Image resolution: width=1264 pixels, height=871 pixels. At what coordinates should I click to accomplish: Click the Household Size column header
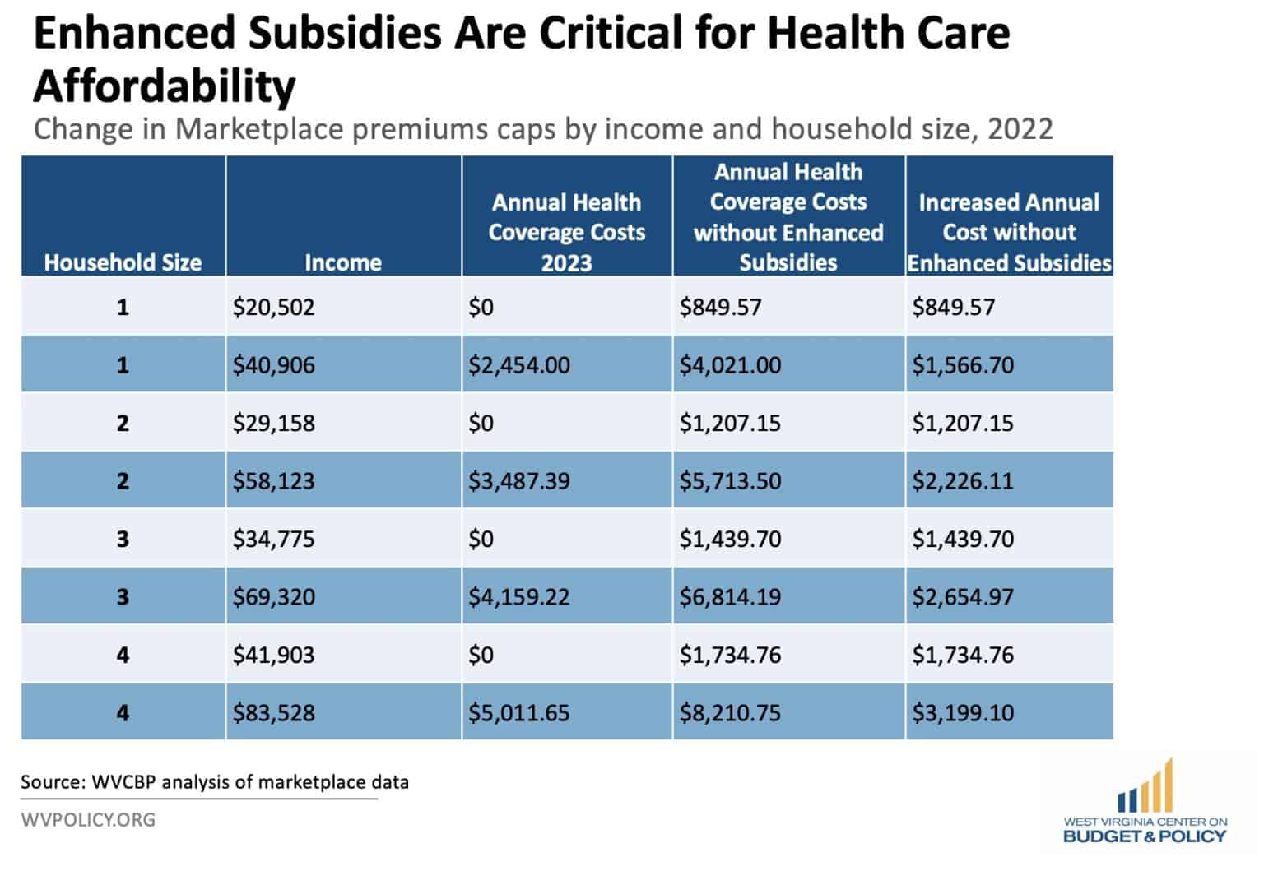pos(123,262)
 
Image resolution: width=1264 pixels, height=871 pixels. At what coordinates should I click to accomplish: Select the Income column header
pos(342,262)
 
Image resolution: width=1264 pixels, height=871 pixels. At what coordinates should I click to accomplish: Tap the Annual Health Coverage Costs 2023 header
pos(566,232)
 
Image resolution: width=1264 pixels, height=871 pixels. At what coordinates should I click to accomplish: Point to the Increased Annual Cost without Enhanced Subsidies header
pos(1009,232)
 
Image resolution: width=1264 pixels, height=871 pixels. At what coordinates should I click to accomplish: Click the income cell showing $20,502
pos(274,307)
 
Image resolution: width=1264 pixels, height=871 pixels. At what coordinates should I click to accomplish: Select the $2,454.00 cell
pos(519,364)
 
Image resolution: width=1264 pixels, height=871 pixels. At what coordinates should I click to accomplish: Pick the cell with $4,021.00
pos(730,364)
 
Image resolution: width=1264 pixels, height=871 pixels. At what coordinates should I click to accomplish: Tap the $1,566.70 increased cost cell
pos(963,364)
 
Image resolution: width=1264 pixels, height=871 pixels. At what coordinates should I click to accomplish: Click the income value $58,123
pos(274,480)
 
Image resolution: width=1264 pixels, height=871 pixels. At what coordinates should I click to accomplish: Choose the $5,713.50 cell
pos(730,480)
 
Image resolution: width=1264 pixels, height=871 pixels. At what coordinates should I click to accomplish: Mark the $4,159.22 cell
pos(519,596)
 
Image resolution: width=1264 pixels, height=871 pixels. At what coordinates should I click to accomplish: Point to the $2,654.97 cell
pos(963,596)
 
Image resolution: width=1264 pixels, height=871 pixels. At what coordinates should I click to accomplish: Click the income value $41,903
pos(274,655)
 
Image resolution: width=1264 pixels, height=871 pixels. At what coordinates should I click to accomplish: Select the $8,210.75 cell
pos(730,712)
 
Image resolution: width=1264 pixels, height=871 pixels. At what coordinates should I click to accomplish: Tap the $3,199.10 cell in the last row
pos(963,712)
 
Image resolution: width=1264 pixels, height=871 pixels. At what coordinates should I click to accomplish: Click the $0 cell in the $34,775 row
pos(481,539)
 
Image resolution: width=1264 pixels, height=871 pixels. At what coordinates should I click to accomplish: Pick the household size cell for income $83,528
pos(123,712)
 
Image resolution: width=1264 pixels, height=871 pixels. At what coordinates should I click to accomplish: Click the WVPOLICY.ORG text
pos(88,819)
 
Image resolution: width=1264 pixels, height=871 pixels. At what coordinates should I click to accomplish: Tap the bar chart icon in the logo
pos(1145,788)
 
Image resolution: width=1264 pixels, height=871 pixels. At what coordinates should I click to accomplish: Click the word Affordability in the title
pos(165,86)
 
